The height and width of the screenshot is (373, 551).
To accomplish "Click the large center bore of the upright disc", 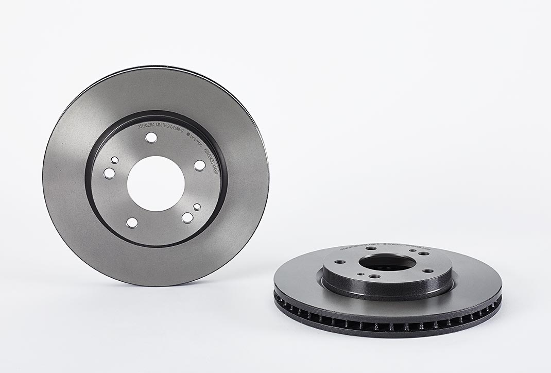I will (156, 183).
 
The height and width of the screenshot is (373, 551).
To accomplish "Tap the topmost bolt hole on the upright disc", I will (151, 138).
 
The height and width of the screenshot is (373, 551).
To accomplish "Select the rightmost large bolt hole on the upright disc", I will (200, 165).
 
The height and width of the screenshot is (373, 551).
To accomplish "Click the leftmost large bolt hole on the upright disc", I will (109, 174).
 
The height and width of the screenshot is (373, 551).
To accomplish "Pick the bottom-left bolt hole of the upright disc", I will (132, 223).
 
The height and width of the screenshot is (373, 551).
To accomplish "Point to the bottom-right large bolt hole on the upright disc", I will (187, 218).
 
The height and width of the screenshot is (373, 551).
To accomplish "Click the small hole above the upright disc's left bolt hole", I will (114, 160).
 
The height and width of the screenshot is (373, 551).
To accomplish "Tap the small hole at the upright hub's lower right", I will (197, 207).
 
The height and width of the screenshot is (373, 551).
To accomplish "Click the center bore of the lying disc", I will (387, 262).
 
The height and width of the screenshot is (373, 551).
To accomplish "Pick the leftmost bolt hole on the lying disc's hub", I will (340, 262).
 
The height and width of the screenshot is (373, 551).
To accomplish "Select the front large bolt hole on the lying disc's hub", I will (374, 276).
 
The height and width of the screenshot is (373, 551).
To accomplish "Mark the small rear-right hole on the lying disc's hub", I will (412, 250).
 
